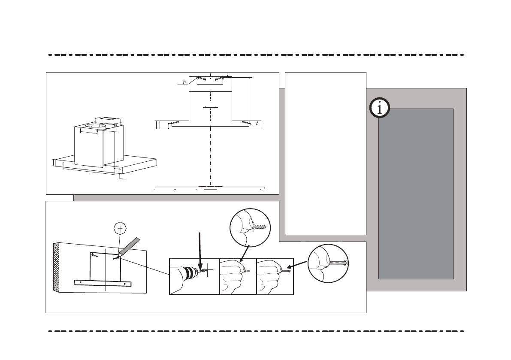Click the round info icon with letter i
click(x=380, y=108)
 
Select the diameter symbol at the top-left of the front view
click(x=184, y=82)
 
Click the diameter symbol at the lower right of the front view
click(x=257, y=124)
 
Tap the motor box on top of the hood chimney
click(x=108, y=121)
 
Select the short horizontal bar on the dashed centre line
click(x=210, y=107)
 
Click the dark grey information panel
click(x=416, y=193)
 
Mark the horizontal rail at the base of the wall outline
click(x=103, y=283)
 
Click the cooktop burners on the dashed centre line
click(x=210, y=187)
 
